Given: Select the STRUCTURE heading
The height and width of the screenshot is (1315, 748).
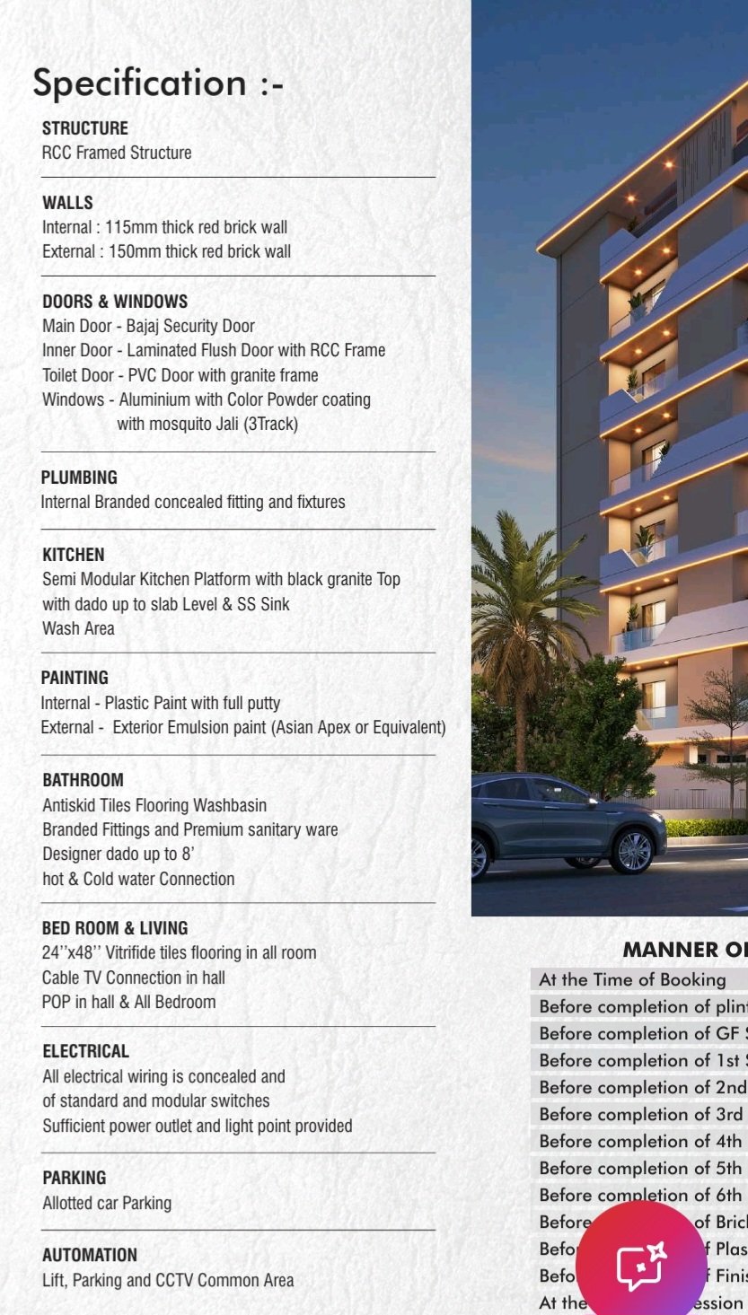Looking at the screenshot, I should click(x=85, y=128).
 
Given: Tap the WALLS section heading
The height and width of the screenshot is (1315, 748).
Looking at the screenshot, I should click(x=67, y=203).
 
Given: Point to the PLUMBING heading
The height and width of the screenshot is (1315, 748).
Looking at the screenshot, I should click(x=79, y=478).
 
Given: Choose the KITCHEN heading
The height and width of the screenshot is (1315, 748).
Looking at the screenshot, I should click(x=74, y=555).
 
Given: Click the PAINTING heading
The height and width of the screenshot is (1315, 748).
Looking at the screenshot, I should click(x=75, y=678).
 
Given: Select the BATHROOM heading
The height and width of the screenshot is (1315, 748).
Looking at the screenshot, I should click(x=83, y=780).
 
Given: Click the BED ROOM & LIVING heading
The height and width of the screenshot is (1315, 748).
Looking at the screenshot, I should click(x=115, y=928).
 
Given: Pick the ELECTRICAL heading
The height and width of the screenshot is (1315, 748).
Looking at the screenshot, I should click(x=85, y=1051).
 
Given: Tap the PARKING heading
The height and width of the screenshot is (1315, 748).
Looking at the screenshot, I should click(x=74, y=1178).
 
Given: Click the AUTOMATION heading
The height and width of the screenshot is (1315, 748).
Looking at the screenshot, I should click(x=90, y=1255).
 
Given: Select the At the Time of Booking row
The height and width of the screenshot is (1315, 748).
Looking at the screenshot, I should click(x=632, y=979).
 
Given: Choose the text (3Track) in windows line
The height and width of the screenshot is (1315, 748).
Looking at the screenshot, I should click(x=270, y=424).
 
